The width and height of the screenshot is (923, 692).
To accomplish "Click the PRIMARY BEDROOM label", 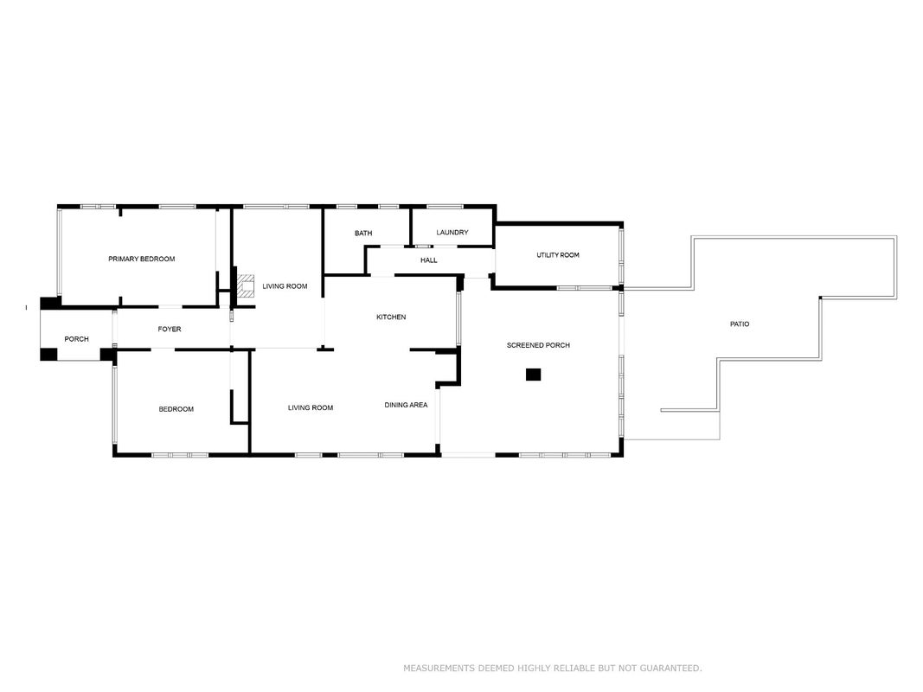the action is [x=141, y=259].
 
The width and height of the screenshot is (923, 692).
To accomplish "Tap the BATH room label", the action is [x=363, y=233].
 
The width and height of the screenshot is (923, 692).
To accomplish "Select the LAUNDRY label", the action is [x=452, y=233].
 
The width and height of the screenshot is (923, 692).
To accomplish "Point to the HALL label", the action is [x=428, y=260].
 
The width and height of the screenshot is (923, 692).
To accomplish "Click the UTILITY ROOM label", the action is [x=557, y=255].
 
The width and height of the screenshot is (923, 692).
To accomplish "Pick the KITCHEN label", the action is [x=391, y=317].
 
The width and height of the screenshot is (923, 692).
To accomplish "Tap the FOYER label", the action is [x=170, y=329].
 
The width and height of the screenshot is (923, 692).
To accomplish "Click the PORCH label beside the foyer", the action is [x=76, y=339].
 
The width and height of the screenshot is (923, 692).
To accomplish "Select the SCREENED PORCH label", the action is [x=538, y=345].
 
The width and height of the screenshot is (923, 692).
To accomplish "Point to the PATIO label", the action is [x=740, y=324].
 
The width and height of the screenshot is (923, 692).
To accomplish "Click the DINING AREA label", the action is [x=406, y=405].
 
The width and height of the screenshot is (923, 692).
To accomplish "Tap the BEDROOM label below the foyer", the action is [x=176, y=409].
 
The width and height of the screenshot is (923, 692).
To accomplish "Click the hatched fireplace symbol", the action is [x=246, y=285].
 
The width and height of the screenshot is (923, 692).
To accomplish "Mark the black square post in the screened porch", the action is [x=534, y=375].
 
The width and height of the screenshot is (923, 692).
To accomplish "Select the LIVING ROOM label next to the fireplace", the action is [x=285, y=286].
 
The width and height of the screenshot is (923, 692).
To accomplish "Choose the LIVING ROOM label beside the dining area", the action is [x=311, y=407].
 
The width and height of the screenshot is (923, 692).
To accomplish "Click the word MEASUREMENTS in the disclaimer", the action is [x=439, y=668].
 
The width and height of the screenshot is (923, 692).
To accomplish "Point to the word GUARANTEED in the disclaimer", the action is [x=670, y=668].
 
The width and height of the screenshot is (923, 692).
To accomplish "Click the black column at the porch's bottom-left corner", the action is [x=48, y=355].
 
